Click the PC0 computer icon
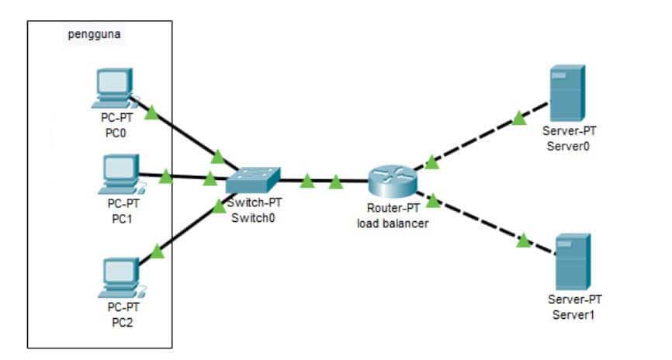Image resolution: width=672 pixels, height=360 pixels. click(x=113, y=88)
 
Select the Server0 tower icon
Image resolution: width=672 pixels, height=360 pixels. click(x=566, y=93)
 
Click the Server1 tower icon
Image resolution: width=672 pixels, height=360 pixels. click(x=573, y=262)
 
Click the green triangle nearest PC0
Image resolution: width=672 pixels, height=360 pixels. click(x=152, y=112)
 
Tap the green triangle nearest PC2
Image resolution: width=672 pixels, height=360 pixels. click(x=158, y=251)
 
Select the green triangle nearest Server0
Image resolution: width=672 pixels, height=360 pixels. click(x=519, y=118)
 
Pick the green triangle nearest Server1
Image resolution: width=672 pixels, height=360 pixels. click(x=524, y=241)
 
